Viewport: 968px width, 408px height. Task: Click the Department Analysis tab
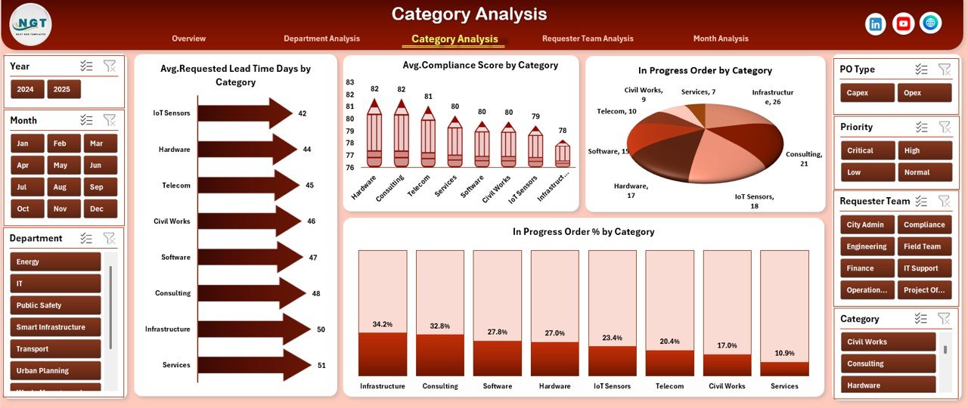tap(321, 39)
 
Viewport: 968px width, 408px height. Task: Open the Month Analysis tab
tap(720, 39)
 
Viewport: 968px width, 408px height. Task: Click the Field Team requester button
tap(923, 246)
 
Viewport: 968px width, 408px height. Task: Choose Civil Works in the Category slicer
tap(887, 342)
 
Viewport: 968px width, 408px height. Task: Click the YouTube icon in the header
tap(903, 24)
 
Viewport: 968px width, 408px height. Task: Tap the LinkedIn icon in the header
tap(876, 24)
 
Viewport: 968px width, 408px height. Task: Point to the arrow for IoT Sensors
tap(245, 113)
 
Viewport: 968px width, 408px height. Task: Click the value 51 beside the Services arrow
tap(321, 366)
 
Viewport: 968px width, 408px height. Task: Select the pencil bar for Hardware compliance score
tap(374, 136)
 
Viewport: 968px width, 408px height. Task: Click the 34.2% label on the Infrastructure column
tap(383, 324)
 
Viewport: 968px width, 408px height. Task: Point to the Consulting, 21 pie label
tap(803, 159)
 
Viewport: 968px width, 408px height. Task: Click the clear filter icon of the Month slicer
tap(110, 120)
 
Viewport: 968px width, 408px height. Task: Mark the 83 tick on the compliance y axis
tap(349, 82)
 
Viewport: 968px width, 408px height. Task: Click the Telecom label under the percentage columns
tap(669, 386)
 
